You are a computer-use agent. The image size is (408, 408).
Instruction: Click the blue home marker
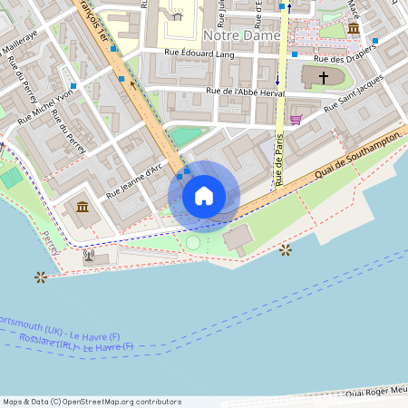pyautogui.click(x=203, y=196)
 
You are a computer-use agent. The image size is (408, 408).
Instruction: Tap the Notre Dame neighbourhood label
pyautogui.click(x=243, y=34)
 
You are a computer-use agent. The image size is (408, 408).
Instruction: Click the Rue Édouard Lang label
pyautogui.click(x=199, y=54)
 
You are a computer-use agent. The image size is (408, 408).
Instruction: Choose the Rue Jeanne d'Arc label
pyautogui.click(x=134, y=180)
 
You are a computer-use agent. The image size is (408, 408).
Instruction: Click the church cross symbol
pyautogui.click(x=322, y=78)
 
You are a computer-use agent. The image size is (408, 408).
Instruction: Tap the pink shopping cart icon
pyautogui.click(x=296, y=119)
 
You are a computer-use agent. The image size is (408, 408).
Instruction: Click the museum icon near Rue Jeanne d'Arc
pyautogui.click(x=83, y=209)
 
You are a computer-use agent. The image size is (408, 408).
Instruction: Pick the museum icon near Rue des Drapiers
pyautogui.click(x=353, y=29)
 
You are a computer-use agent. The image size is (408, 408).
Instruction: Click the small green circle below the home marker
pyautogui.click(x=192, y=243)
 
